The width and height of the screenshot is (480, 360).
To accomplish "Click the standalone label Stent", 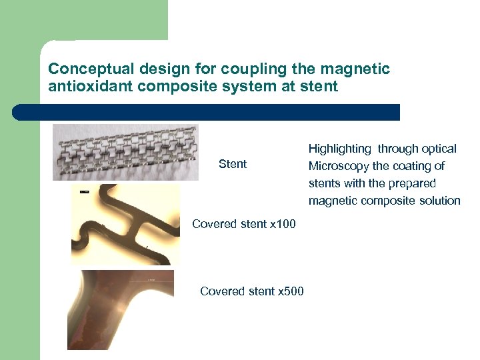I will (233, 164).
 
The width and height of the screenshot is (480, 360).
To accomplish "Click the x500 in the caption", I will (290, 291).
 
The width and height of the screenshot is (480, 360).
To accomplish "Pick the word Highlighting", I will (339, 149).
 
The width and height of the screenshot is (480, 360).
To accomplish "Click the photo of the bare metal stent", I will (125, 153).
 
